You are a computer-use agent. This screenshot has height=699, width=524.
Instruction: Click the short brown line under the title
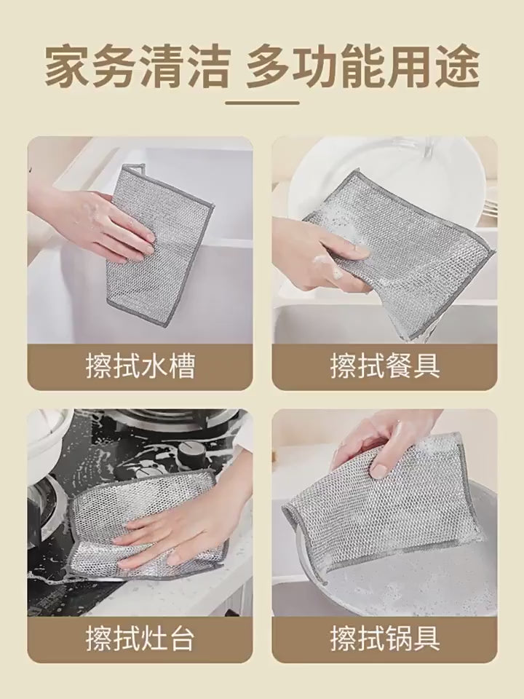pos(262,103)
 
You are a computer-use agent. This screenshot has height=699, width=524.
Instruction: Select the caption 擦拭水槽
pos(140,366)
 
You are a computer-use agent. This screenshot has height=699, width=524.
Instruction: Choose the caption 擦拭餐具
pos(385,366)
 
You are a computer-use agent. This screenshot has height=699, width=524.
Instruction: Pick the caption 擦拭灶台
pos(140,639)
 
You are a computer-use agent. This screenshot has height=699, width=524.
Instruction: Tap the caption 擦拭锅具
pos(385,639)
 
